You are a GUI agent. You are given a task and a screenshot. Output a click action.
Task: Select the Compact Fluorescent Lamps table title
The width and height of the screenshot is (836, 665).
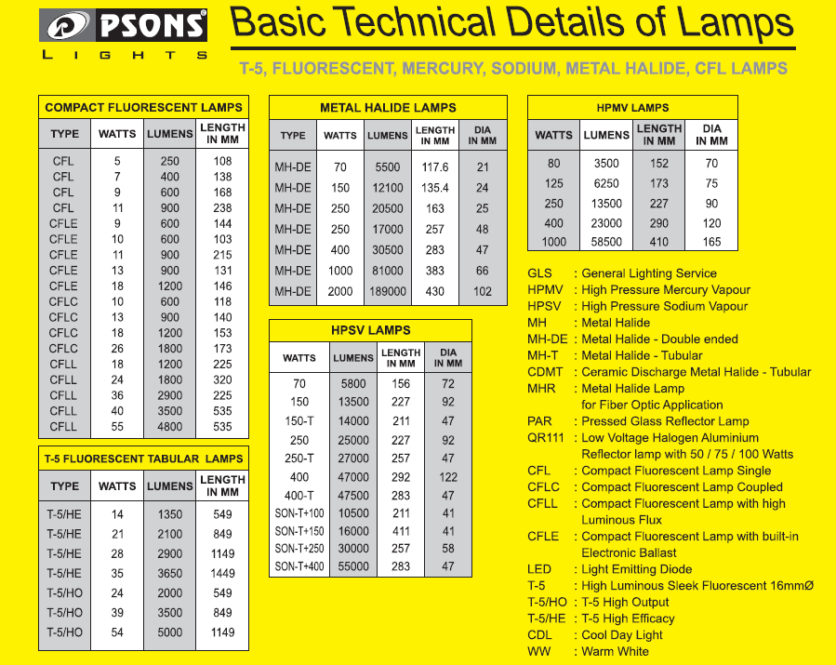pyautogui.click(x=143, y=108)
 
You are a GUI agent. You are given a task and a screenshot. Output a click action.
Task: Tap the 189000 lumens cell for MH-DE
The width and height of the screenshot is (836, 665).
pyautogui.click(x=387, y=291)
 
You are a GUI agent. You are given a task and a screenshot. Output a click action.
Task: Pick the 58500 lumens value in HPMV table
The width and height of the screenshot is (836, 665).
pyautogui.click(x=606, y=242)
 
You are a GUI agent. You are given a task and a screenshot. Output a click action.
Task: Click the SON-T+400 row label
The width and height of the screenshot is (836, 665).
pyautogui.click(x=299, y=566)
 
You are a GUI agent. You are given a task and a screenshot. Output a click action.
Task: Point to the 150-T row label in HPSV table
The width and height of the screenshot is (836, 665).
pyautogui.click(x=299, y=421)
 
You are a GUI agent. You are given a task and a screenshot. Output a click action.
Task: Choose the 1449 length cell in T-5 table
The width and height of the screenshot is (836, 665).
pyautogui.click(x=222, y=573)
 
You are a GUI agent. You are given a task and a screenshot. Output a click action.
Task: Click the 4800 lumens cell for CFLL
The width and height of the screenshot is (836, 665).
pyautogui.click(x=169, y=427)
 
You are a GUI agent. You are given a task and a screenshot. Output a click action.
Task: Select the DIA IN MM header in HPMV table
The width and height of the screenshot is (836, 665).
pyautogui.click(x=711, y=135)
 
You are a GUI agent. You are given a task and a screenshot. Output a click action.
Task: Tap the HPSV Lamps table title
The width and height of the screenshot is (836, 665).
pyautogui.click(x=369, y=330)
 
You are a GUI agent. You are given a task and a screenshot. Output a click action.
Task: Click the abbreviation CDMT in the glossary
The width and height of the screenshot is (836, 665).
pyautogui.click(x=545, y=372)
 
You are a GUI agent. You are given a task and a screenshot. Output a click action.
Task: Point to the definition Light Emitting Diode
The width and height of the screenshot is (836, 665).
pyautogui.click(x=636, y=569)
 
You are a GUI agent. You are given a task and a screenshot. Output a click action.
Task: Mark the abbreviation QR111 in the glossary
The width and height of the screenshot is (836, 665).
pyautogui.click(x=545, y=438)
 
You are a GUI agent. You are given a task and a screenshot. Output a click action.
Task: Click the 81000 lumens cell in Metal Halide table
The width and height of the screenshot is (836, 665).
pyautogui.click(x=387, y=271)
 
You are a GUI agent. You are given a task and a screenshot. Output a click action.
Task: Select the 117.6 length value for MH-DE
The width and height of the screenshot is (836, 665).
pyautogui.click(x=434, y=167)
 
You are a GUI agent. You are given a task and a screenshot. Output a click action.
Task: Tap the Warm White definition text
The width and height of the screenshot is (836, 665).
pyautogui.click(x=615, y=651)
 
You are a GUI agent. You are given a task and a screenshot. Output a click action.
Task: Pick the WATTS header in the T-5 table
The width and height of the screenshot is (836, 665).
pyautogui.click(x=117, y=485)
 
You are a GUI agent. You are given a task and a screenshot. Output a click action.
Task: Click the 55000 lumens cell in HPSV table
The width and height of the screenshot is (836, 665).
pyautogui.click(x=352, y=566)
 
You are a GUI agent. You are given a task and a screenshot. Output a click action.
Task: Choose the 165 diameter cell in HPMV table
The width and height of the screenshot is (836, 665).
pyautogui.click(x=711, y=242)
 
